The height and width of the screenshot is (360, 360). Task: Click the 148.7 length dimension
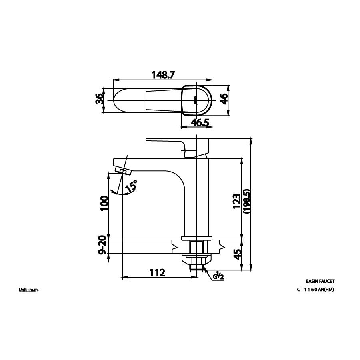pos(163,75)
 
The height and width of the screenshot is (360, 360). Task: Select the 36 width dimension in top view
pos(99,99)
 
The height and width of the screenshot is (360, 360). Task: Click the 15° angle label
pos(131,186)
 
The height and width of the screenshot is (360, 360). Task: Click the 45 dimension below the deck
pos(237,254)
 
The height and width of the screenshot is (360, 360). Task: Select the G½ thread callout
pos(218,276)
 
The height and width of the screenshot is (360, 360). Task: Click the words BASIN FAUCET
pos(320,282)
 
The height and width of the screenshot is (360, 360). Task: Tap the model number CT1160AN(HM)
pos(315,290)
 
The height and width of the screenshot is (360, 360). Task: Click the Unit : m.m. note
pos(28,290)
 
